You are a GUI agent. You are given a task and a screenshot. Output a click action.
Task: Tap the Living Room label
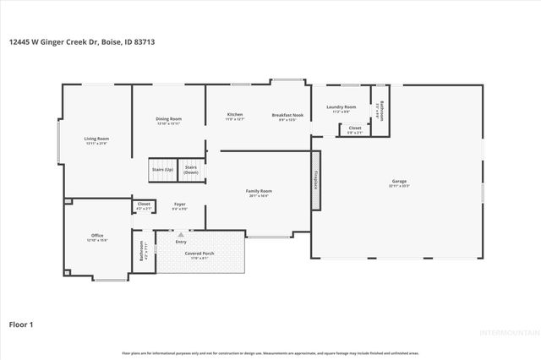click(x=96, y=140)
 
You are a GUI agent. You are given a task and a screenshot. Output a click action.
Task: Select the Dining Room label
click(x=169, y=121)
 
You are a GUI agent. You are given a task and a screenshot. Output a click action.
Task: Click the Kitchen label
click(x=235, y=116)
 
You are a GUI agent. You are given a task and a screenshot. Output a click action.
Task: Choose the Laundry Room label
click(x=341, y=108)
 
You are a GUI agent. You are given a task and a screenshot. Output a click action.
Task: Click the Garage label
click(x=399, y=182)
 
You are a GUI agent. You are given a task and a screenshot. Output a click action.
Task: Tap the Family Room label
click(x=259, y=193)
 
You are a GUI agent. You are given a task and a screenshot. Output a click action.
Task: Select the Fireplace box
click(x=316, y=179)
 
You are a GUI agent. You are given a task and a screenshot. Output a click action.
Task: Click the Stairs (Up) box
click(x=162, y=169)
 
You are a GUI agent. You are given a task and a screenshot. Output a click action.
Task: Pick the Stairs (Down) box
click(x=190, y=169)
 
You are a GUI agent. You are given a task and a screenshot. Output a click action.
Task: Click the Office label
click(x=97, y=237)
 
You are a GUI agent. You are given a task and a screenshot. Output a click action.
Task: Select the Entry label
click(x=181, y=242)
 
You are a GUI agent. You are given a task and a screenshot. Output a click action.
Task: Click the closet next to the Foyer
click(x=144, y=205)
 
